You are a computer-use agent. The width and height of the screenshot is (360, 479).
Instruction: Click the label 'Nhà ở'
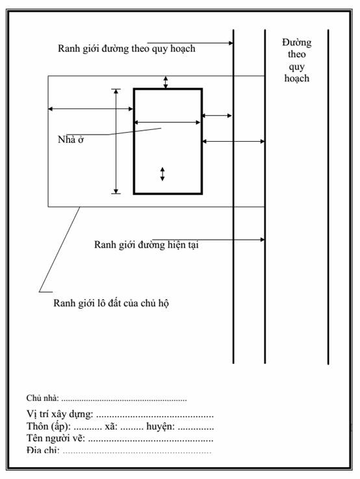71,140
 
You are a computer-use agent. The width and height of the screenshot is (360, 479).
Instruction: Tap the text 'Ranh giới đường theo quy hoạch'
127,49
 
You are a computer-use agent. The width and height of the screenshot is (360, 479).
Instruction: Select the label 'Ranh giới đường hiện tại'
146,244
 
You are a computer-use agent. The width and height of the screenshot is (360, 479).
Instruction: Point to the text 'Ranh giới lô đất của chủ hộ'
111,304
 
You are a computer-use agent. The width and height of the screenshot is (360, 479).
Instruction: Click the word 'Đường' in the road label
296,42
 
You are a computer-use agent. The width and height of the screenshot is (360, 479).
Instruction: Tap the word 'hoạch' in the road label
296,78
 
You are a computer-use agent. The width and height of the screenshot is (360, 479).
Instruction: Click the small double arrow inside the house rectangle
162,174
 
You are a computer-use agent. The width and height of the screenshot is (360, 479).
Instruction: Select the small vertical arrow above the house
166,83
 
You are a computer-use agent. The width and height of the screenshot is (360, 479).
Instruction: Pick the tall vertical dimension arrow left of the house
116,141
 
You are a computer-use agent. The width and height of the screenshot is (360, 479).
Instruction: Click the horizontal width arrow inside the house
167,122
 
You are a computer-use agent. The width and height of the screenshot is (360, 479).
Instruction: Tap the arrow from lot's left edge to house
91,109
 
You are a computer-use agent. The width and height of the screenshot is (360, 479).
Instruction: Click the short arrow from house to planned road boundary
217,116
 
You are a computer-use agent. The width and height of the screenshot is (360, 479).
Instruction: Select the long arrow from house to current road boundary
233,142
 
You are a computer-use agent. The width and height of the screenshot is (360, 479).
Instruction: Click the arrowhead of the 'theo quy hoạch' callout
231,43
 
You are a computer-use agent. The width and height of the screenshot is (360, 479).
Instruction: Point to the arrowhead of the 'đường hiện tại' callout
263,239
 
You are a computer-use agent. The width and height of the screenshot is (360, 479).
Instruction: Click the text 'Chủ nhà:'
42,398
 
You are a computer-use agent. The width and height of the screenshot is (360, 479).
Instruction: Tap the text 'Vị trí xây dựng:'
60,414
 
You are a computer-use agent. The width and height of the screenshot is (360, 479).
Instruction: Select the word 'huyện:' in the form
161,426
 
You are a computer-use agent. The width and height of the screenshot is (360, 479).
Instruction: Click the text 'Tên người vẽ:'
56,438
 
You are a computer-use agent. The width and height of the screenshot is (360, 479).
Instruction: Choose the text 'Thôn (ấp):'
49,426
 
